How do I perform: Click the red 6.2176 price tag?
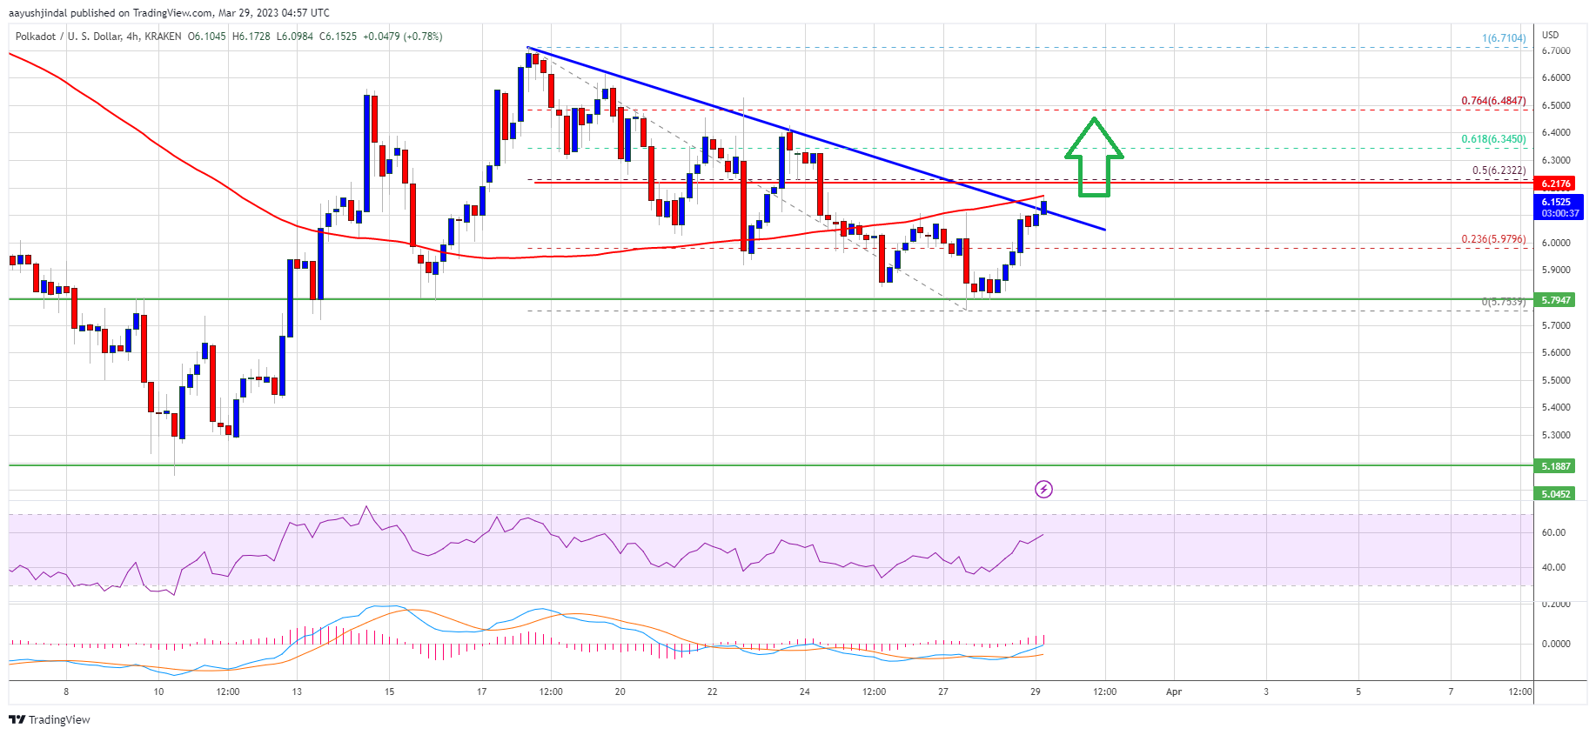[x=1555, y=184]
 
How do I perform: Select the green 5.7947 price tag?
[x=1555, y=300]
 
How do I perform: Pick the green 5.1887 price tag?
[x=1555, y=466]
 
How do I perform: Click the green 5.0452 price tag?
[x=1555, y=494]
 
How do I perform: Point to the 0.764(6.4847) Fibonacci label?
[x=1493, y=101]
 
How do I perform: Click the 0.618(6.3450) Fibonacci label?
[x=1493, y=139]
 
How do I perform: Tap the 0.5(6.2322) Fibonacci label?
[x=1499, y=170]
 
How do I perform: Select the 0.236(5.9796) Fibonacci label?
[x=1493, y=239]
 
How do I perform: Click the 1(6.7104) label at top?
[x=1504, y=38]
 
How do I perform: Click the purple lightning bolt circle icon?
[x=1043, y=489]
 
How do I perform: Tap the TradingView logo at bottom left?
[x=50, y=719]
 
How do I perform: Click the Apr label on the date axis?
[x=1173, y=692]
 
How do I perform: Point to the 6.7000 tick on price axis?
[x=1555, y=50]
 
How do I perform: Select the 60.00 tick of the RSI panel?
[x=1553, y=532]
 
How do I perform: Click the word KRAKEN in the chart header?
[x=163, y=37]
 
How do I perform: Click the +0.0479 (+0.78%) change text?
[x=402, y=37]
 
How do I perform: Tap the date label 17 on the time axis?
[x=481, y=692]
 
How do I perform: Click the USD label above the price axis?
[x=1550, y=35]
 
